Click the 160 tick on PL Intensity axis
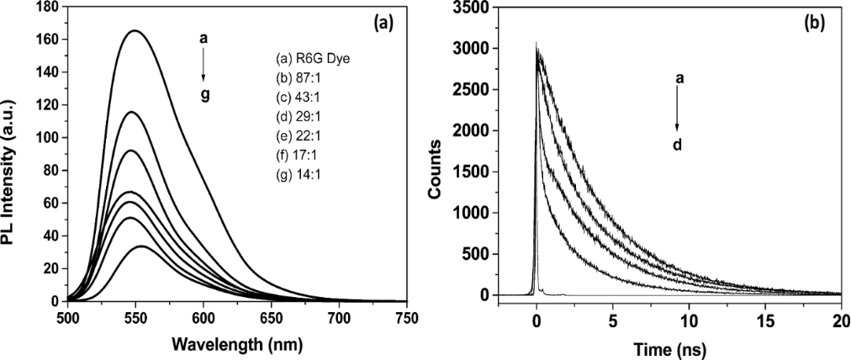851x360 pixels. pyautogui.click(x=50, y=40)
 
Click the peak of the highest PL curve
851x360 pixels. pyautogui.click(x=134, y=31)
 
